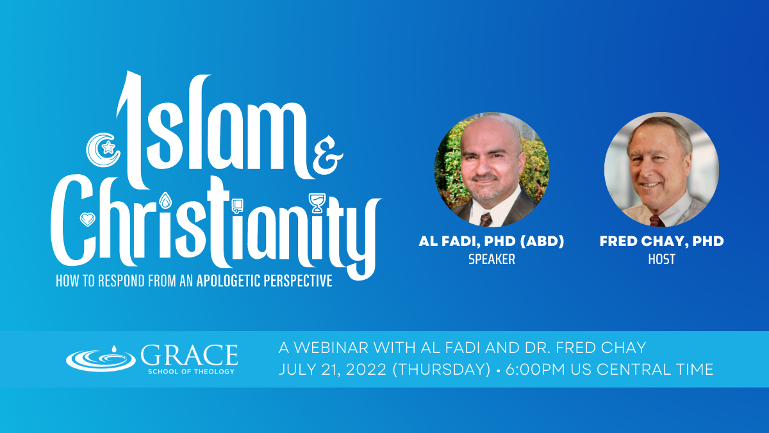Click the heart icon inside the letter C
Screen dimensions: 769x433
88,219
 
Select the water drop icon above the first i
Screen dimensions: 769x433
165,200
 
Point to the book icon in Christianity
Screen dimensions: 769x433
237,206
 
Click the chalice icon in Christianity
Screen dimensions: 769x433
317,203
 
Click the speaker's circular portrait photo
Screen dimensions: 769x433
492,170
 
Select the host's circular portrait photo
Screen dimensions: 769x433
661,170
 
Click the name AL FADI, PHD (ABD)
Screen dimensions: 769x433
492,241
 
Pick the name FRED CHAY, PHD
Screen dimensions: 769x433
661,241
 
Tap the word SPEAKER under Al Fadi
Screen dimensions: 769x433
492,259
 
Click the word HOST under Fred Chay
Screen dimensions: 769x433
661,259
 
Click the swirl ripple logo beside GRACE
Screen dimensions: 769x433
101,359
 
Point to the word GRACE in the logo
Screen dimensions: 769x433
189,355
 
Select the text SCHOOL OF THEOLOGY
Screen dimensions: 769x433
191,372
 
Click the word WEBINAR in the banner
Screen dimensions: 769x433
331,348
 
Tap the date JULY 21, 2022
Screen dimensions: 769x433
333,370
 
